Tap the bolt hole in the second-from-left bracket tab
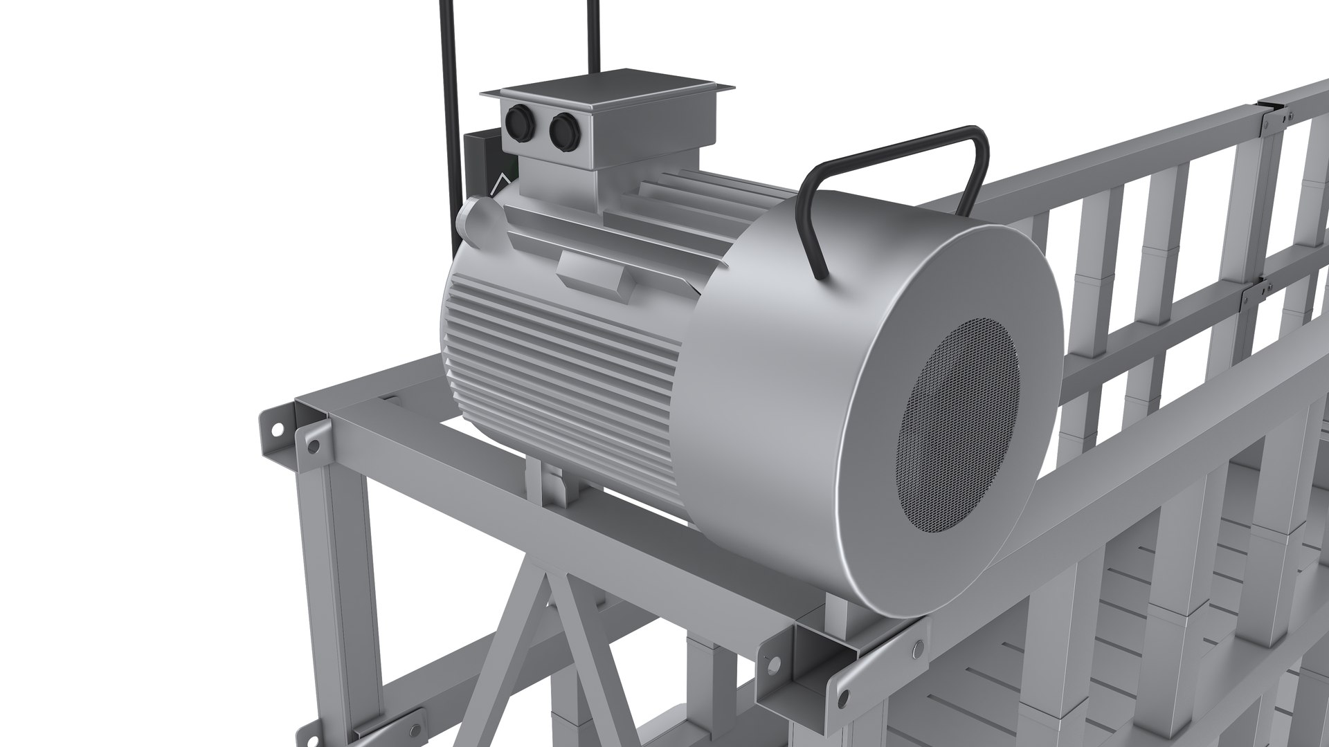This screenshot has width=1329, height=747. [x=315, y=446]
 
